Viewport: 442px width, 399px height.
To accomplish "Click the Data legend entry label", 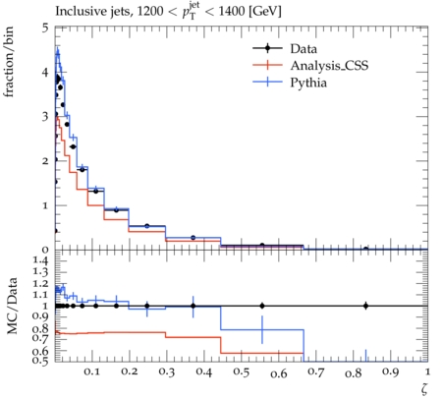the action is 304,49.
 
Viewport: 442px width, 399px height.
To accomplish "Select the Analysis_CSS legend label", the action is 329,66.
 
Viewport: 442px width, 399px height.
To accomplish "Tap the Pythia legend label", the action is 308,83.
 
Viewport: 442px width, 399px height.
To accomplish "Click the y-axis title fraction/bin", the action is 9,62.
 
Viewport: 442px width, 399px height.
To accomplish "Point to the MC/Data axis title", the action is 12,306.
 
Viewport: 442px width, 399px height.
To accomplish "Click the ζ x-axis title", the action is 424,388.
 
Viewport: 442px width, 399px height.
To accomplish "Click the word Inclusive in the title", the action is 77,12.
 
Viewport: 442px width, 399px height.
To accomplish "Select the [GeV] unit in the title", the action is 265,12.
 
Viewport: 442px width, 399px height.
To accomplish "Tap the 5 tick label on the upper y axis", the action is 45,28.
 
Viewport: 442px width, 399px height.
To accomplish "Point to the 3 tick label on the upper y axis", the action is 45,117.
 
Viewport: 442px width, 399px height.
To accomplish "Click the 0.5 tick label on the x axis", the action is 241,371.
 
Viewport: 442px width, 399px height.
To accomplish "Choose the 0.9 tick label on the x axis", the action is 390,372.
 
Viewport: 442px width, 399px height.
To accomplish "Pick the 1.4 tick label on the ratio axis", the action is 41,260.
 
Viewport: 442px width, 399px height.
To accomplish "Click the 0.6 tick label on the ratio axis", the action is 41,352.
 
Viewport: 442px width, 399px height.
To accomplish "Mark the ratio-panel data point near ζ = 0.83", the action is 365,306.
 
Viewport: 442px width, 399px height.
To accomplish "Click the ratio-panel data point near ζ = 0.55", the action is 262,306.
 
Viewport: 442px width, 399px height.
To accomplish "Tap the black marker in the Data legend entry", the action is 267,48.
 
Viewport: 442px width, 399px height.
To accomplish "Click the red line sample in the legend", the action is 267,65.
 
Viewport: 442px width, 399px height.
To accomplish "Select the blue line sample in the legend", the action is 267,82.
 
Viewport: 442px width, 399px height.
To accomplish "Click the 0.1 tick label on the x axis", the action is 91,371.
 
